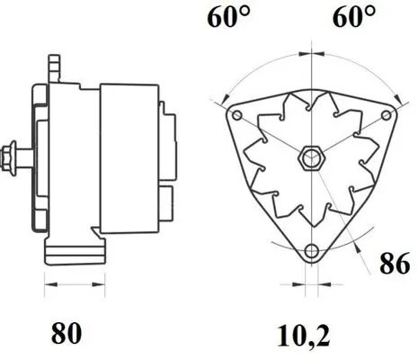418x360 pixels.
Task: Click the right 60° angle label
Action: [x=352, y=19]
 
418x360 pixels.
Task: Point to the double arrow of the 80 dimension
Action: [x=71, y=290]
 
